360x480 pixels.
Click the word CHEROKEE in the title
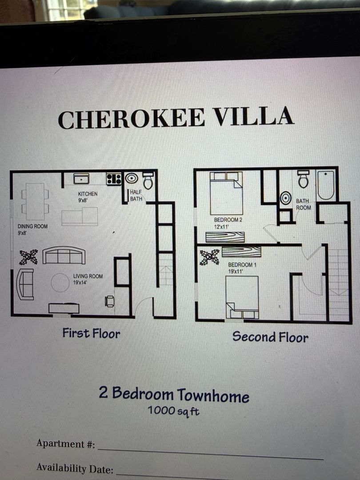pos(131,119)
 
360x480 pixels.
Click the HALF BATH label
pos(136,195)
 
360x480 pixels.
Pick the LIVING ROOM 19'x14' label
pos(88,279)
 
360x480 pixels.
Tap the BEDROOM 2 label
pos(228,223)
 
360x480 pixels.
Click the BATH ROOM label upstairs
pos(303,204)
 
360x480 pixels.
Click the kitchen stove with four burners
pos(114,179)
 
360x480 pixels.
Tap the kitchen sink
pos(81,179)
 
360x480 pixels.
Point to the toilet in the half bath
pos(148,180)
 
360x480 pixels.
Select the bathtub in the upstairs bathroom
pos(325,186)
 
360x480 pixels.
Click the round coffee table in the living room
pos(60,283)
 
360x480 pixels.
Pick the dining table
pos(35,201)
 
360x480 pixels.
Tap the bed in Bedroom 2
pos(227,193)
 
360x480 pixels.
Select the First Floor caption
pos(91,333)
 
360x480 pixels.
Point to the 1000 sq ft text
pos(173,411)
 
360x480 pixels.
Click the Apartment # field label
pos(66,444)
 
